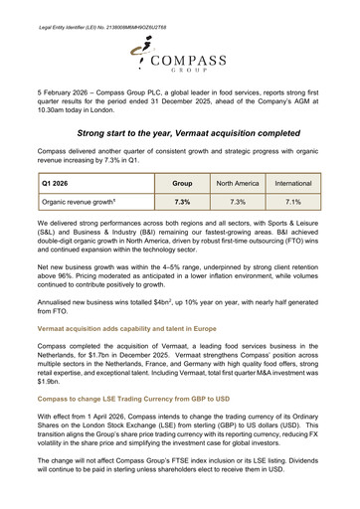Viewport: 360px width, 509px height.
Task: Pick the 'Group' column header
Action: (182, 184)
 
